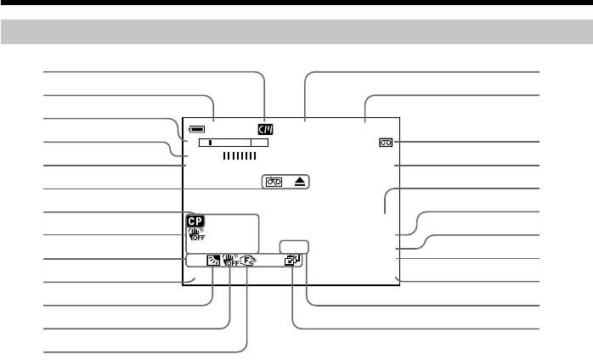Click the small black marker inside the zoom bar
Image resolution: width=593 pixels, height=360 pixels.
[211, 143]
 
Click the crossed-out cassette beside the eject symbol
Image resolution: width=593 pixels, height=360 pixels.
[274, 182]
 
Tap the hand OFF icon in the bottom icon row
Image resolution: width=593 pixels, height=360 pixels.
[229, 262]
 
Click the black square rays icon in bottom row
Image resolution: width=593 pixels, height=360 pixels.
[212, 262]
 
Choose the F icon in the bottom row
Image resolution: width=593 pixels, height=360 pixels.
[247, 262]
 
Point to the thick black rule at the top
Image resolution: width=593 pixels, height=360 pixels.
[296, 3]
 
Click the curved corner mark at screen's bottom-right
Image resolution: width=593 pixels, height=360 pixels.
[398, 278]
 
